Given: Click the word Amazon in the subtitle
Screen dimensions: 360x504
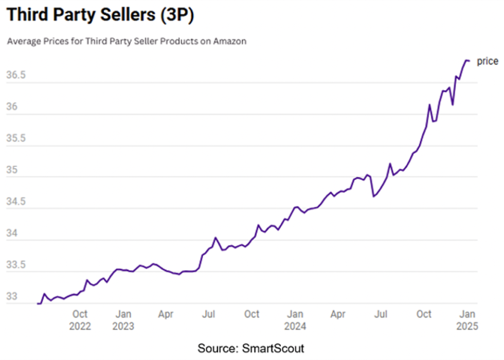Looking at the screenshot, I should point(230,42).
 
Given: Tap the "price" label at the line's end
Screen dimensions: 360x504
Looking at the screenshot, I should point(488,61).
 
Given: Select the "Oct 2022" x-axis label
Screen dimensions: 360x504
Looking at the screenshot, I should point(80,319).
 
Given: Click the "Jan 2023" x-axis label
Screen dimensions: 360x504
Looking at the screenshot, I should point(123,319).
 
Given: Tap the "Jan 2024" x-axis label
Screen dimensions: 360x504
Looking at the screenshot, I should point(295,319).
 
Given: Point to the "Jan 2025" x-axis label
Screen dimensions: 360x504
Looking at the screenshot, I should point(467,319).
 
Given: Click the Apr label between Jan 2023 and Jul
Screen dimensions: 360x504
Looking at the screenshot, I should point(166,313).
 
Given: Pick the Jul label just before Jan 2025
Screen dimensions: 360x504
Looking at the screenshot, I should point(381,313).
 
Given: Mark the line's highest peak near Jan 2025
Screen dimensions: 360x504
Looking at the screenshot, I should point(466,60).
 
